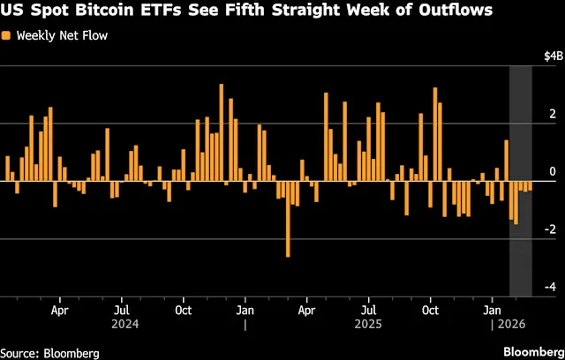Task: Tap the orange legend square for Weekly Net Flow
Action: [x=6, y=36]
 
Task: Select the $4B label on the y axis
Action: [x=550, y=56]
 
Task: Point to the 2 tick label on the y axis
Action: [x=552, y=115]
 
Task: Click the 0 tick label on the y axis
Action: [x=552, y=172]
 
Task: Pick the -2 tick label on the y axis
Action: [x=549, y=229]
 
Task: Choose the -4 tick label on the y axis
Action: [x=549, y=287]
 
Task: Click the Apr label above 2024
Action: [x=59, y=311]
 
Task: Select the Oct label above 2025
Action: [x=432, y=311]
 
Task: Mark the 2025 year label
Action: [x=370, y=324]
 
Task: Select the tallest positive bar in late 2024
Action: [x=221, y=132]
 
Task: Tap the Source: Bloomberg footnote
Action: [x=49, y=352]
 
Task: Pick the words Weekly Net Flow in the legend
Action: [x=56, y=36]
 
